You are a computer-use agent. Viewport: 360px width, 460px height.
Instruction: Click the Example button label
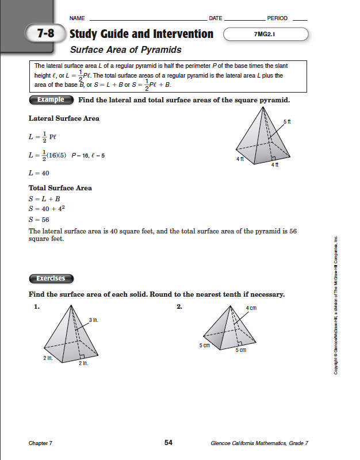point(51,99)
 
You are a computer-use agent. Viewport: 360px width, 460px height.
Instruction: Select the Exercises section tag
point(51,279)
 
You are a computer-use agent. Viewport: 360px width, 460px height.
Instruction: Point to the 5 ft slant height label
point(288,122)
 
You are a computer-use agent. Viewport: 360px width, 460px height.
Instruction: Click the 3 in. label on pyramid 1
point(93,320)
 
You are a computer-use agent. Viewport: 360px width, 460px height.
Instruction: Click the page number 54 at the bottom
point(168,442)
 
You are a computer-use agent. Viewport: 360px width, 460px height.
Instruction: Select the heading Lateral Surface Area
point(64,118)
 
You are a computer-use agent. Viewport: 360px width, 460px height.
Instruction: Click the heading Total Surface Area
point(60,188)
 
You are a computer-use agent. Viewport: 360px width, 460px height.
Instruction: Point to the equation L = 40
point(39,172)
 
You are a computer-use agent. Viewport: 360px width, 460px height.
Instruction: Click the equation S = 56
point(39,219)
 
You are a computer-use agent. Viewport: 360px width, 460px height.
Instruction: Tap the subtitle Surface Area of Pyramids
point(125,50)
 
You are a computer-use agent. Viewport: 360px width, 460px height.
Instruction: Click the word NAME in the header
point(76,18)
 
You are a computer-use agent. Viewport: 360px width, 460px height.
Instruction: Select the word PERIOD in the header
point(278,18)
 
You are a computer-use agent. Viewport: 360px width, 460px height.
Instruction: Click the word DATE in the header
point(215,18)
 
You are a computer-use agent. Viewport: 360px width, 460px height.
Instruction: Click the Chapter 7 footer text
point(40,443)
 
